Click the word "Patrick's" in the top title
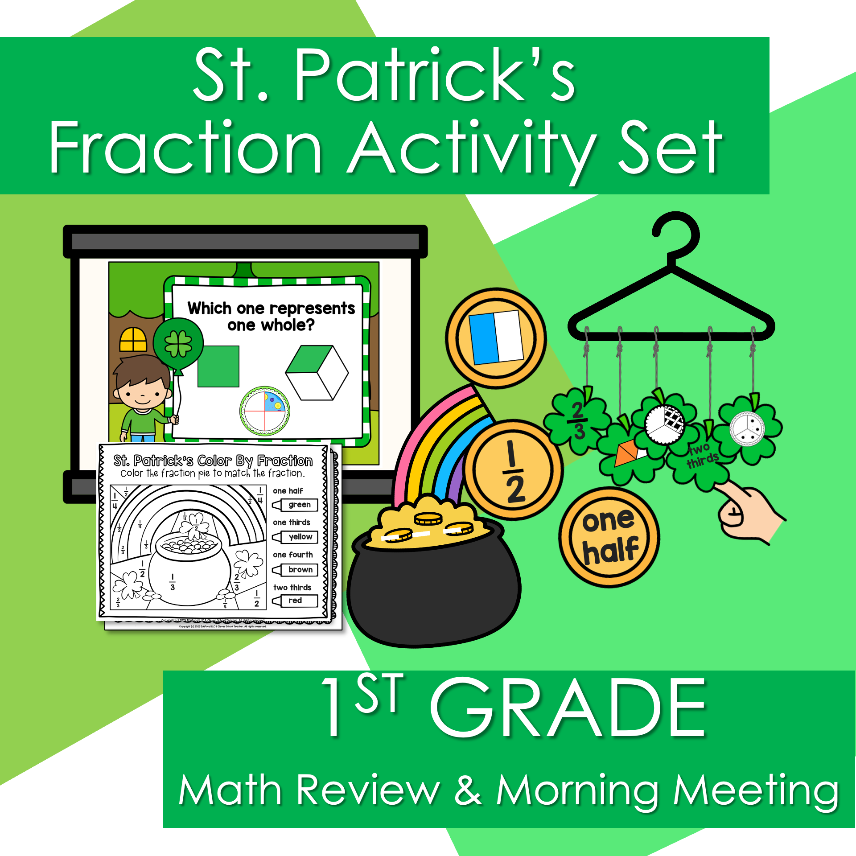435,76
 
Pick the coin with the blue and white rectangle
496,337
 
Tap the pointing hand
749,513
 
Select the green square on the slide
218,366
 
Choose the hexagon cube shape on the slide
317,373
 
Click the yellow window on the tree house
133,340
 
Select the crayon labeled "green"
296,505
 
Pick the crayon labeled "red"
296,601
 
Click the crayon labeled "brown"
296,570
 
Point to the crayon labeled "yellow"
296,537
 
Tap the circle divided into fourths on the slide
265,411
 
